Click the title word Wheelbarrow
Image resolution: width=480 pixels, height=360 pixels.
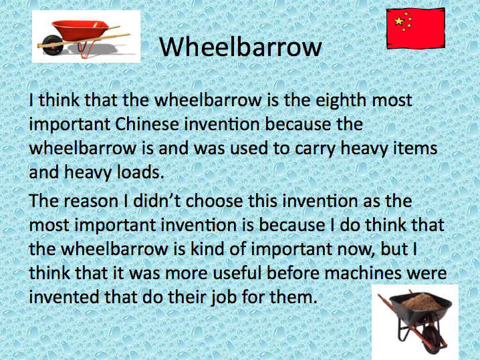coord(241,47)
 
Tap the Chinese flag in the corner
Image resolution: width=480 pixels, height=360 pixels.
coord(415,29)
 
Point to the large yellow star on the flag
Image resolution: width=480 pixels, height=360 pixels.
coord(400,22)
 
